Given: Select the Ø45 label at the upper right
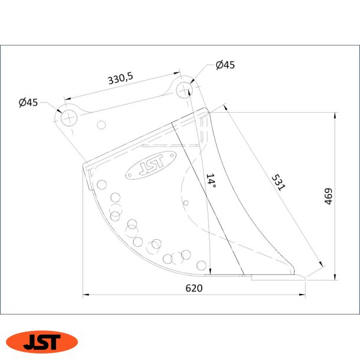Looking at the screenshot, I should [x=225, y=65].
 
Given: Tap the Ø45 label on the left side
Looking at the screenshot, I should [x=28, y=102].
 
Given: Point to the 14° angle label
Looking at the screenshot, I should [x=211, y=181].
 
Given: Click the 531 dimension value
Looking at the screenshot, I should [x=278, y=182].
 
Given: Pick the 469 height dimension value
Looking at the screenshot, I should [x=329, y=197].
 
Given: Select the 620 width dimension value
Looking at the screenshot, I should [x=194, y=288].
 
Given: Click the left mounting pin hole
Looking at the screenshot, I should [x=68, y=116].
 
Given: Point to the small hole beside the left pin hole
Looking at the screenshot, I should [x=102, y=125].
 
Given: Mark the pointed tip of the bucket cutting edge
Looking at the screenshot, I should [x=305, y=276].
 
